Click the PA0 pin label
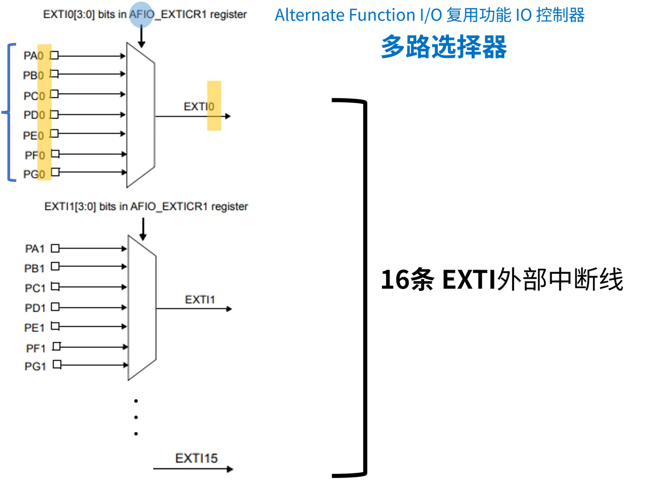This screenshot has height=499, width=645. pos(34,55)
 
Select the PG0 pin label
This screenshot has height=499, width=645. pos(34,174)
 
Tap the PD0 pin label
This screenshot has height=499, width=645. pos(34,114)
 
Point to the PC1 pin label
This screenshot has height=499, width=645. pos(35,288)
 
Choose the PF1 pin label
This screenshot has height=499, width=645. pos(36,348)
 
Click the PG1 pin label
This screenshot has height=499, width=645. pos(35,366)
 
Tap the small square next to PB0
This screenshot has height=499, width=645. pos(54,73)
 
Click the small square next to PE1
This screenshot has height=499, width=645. pos(55,326)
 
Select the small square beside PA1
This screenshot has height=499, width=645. pos(55,248)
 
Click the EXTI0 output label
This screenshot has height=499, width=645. pos(199,106)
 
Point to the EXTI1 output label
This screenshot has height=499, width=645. pos(200,299)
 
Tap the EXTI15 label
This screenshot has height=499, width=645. pos(196,458)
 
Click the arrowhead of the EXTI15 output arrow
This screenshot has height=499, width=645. pos(230,469)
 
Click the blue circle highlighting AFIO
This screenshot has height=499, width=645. pos(141,15)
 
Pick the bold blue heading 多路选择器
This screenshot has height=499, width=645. pos(444,46)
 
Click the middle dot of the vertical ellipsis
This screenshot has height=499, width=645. pos(136,417)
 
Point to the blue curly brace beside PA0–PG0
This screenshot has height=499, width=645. pos(10,112)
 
